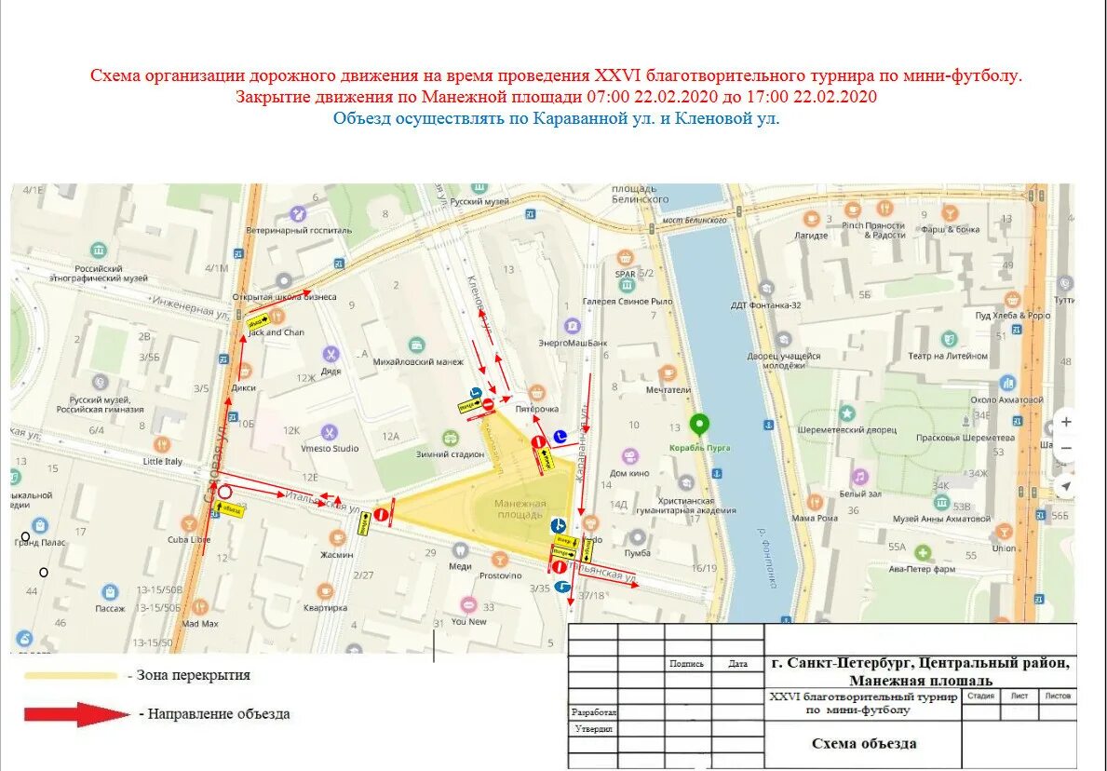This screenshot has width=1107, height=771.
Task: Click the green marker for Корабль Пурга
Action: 700,426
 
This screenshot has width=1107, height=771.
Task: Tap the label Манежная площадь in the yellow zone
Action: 520,508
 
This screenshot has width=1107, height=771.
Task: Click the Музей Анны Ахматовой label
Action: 941,519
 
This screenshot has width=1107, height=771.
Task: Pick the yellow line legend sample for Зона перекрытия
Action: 71,676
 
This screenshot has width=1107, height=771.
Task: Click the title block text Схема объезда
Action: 863,743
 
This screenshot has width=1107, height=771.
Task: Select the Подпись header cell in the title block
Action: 687,664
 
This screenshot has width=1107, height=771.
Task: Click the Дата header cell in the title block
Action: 737,664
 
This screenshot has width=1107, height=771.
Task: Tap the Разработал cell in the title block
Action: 592,711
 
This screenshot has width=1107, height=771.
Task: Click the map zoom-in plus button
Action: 1066,422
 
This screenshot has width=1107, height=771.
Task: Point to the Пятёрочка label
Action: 537,409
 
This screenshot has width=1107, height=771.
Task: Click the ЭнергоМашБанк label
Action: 573,343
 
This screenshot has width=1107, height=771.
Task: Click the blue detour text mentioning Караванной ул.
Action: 556,118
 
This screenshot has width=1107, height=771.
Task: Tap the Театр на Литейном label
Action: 947,356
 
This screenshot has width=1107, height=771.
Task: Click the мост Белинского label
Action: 694,220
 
